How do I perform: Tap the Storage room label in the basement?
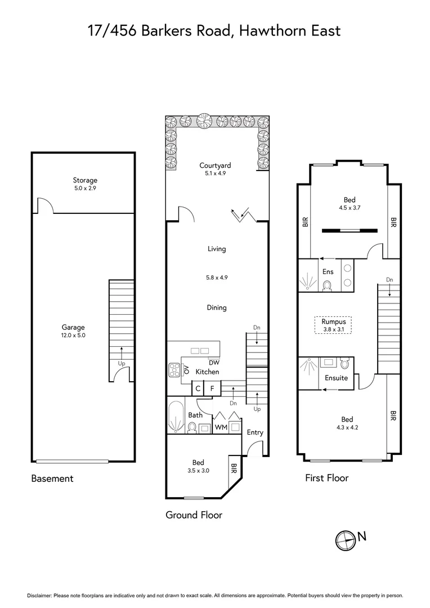tap(84, 180)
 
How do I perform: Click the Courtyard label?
tap(215, 166)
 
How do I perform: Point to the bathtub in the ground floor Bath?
tap(176, 417)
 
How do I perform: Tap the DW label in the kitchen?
tap(214, 363)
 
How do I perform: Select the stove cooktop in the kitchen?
tap(174, 370)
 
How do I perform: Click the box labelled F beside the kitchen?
tap(212, 388)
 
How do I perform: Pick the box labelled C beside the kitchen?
tap(198, 388)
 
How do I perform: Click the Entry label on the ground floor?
tap(255, 432)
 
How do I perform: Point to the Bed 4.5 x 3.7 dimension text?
tap(348, 208)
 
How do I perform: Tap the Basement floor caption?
tap(52, 479)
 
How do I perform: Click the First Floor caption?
tap(326, 478)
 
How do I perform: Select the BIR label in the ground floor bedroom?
tap(234, 469)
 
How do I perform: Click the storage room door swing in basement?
tap(45, 206)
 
